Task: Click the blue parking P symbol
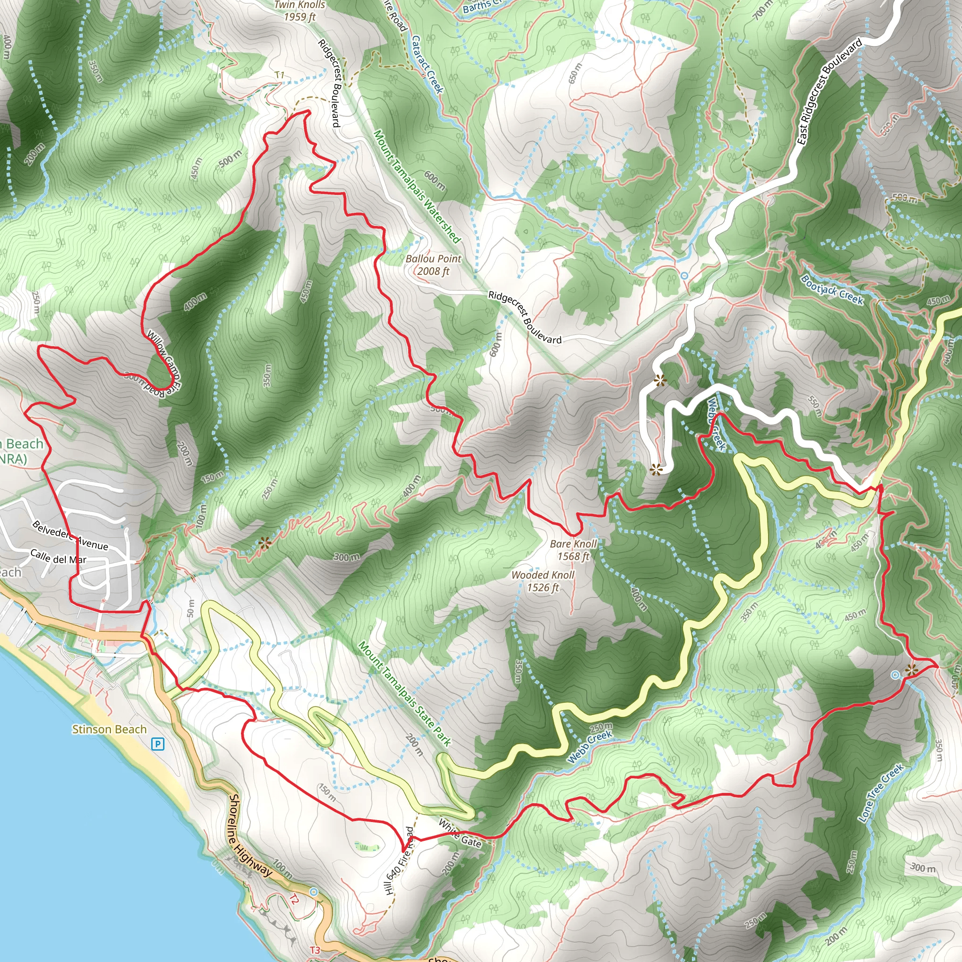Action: [157, 745]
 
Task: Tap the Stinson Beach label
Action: [109, 729]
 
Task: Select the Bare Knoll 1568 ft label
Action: [573, 550]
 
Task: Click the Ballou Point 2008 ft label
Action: [433, 265]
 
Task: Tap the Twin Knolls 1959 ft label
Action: [300, 11]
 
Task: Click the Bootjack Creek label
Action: [832, 290]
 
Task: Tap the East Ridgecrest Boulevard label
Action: [829, 93]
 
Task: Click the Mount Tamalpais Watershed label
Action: [417, 186]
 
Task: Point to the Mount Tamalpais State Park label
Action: [404, 695]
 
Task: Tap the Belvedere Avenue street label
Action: [70, 535]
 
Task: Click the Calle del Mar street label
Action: [58, 557]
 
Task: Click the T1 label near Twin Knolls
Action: [280, 75]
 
